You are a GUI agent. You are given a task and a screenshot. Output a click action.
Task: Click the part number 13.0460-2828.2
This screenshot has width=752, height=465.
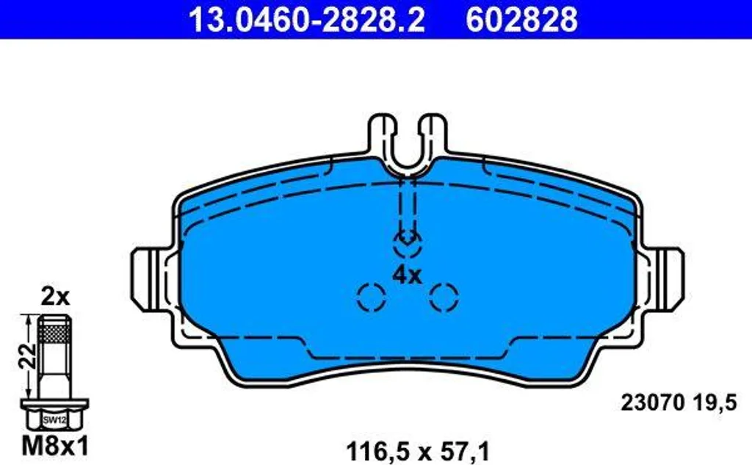click(x=306, y=20)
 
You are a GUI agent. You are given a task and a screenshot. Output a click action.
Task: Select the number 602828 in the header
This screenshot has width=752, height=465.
click(x=522, y=20)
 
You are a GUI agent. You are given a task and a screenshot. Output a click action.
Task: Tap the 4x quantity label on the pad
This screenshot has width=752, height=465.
click(x=407, y=275)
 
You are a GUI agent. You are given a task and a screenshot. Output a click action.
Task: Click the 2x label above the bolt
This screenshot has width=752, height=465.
click(x=55, y=298)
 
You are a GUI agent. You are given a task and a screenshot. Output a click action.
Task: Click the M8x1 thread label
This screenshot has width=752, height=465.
click(x=55, y=447)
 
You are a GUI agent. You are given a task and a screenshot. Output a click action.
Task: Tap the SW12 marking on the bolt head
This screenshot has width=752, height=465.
click(x=54, y=420)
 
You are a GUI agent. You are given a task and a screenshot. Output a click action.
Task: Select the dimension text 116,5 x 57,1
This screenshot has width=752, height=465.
click(x=418, y=452)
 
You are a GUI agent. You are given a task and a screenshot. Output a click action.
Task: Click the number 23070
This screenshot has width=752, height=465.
click(x=652, y=403)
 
